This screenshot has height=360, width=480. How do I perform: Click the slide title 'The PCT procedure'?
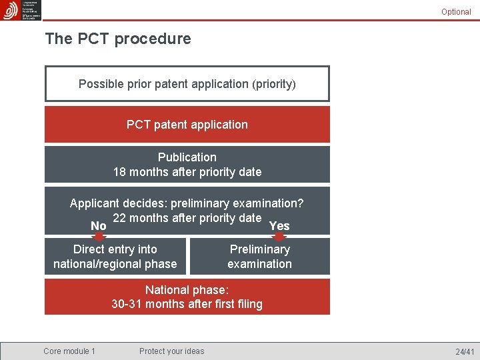click(118, 39)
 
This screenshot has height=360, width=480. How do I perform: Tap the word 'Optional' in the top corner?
click(456, 12)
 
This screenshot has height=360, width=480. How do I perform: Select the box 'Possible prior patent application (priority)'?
click(187, 84)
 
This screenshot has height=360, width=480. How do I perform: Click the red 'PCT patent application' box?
click(187, 125)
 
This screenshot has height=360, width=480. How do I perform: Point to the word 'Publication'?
click(187, 157)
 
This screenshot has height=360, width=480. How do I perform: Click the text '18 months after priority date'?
click(187, 172)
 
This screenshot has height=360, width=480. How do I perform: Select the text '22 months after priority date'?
click(187, 218)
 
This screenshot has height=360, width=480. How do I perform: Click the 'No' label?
click(98, 226)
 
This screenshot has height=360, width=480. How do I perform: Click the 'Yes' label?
click(279, 226)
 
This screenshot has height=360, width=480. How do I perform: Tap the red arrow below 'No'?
click(98, 235)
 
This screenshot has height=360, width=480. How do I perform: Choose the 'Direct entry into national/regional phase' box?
click(115, 257)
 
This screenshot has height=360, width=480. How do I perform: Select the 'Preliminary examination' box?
click(259, 257)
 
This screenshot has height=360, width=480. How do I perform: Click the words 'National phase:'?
click(187, 289)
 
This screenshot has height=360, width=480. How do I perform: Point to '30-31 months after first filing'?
click(187, 304)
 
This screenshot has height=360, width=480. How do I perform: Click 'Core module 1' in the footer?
click(69, 351)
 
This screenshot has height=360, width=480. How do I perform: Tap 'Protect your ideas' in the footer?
click(172, 351)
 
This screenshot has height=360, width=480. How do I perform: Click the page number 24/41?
click(465, 351)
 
